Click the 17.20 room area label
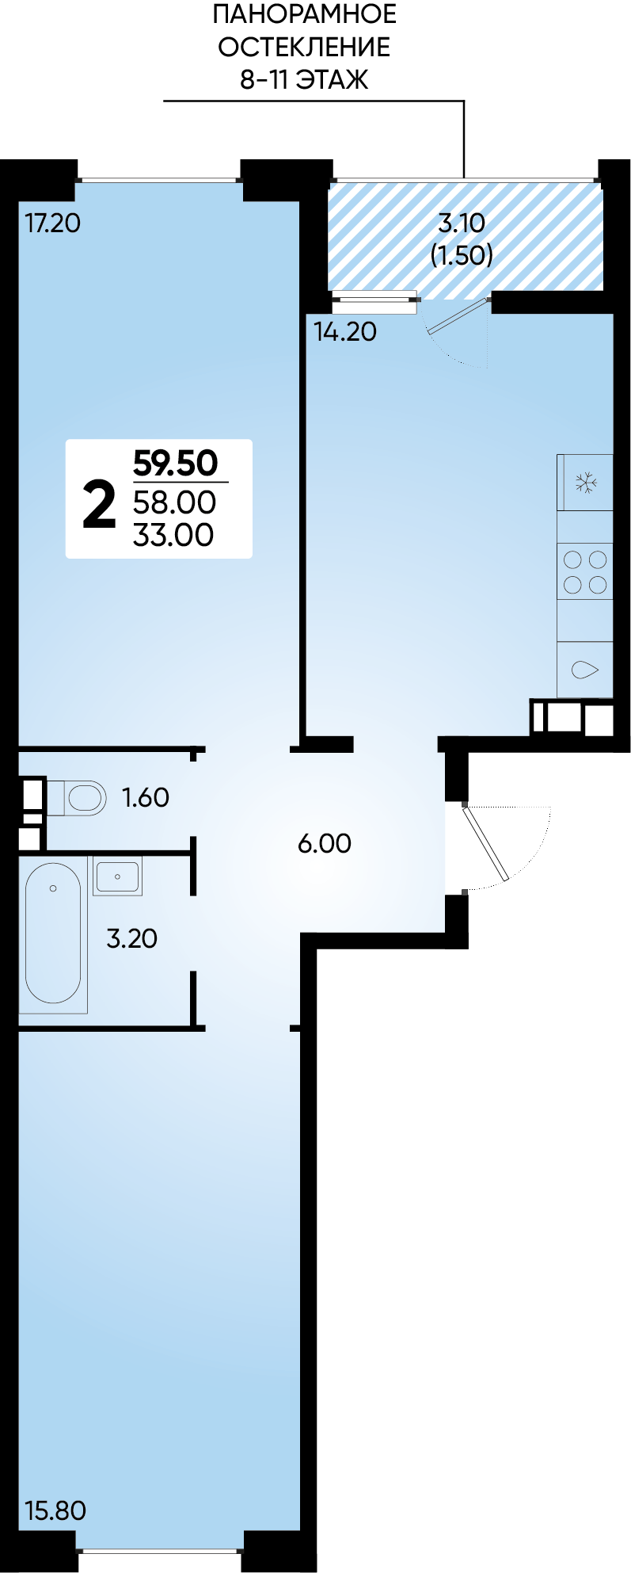(53, 223)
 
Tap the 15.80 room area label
(55, 1510)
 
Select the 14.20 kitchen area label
(345, 331)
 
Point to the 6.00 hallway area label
(325, 843)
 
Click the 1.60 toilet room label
(146, 797)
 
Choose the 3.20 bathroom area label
(132, 938)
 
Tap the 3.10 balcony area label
(462, 223)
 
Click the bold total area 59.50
(176, 463)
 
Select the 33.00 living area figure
(173, 535)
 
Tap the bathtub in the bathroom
(53, 933)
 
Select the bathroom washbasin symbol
(117, 876)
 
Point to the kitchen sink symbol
(585, 670)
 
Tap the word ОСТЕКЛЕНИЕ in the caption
(304, 48)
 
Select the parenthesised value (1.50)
(462, 255)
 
